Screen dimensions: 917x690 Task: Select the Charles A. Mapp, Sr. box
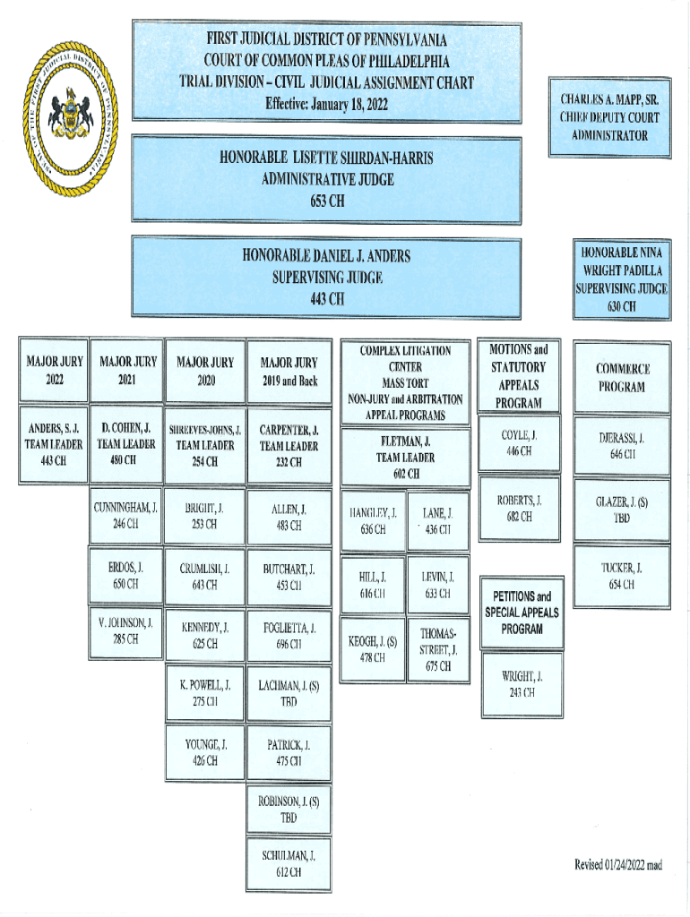(609, 117)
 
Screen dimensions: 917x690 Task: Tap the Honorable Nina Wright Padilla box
(621, 279)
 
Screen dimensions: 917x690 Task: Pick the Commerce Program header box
(622, 377)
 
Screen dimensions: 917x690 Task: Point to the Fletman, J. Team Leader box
(406, 458)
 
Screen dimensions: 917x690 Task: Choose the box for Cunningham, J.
(125, 517)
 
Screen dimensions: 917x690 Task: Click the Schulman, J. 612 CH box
(289, 863)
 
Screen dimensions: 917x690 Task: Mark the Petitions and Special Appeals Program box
(522, 613)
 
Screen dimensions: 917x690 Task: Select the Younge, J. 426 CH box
(205, 753)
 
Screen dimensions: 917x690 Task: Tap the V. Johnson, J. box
(125, 630)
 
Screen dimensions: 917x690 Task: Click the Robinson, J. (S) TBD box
(289, 809)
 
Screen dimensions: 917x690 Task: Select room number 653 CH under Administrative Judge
(327, 201)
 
